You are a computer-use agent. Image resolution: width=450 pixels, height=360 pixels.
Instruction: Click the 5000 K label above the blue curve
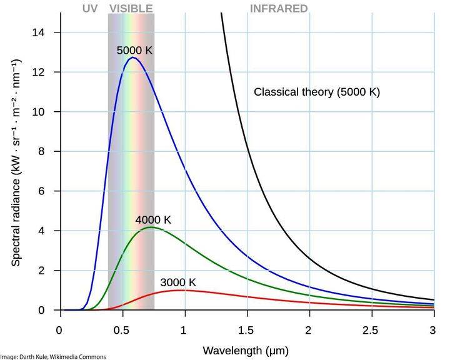[134, 50]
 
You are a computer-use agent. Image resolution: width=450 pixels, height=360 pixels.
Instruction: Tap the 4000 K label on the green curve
[153, 220]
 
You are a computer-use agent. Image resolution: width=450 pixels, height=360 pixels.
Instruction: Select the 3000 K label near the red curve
[178, 282]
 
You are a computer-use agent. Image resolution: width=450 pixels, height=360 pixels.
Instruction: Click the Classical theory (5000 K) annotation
[316, 92]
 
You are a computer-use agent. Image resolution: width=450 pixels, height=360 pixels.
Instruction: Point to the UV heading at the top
[90, 9]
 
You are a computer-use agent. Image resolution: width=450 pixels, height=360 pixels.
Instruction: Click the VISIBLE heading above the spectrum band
[131, 9]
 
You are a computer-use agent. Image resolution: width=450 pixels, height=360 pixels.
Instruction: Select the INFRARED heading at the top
[279, 9]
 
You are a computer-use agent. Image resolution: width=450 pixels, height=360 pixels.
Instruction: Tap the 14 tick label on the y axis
[38, 32]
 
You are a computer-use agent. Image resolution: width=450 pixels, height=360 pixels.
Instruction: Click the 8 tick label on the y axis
[41, 151]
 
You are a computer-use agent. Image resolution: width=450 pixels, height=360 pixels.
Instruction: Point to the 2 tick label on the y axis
[41, 271]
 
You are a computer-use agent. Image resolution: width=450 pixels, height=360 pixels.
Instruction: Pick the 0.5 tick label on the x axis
[122, 329]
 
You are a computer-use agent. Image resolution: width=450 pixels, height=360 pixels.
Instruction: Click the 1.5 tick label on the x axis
[247, 329]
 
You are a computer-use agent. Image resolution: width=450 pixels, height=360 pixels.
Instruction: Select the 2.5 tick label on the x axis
[372, 329]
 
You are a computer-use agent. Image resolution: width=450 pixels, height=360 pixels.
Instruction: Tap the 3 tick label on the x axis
[434, 329]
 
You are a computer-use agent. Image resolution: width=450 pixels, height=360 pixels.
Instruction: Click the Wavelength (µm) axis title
[246, 351]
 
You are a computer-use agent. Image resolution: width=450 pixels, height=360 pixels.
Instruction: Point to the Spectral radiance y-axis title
[16, 162]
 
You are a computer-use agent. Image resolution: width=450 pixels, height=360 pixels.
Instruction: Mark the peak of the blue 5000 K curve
[132, 57]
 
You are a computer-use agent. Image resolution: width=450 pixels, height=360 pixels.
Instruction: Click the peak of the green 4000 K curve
[150, 227]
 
